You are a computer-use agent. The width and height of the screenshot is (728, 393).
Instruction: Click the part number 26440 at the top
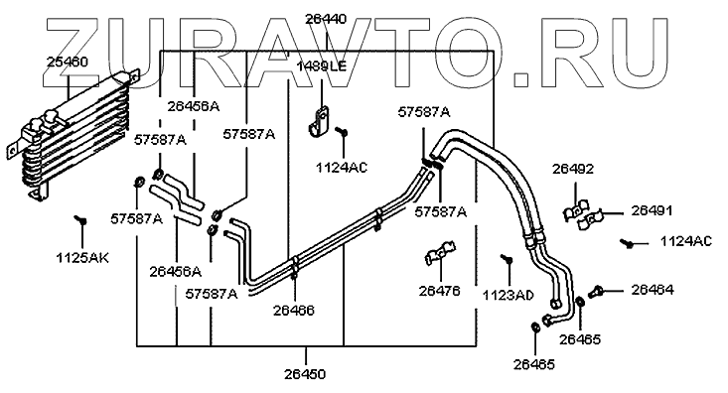[x=326, y=20]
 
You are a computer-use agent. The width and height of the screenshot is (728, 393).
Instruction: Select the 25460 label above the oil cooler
[x=68, y=62]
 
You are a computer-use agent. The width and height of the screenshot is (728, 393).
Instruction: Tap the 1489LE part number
[x=322, y=66]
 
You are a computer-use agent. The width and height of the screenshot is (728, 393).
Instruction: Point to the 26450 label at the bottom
[x=305, y=374]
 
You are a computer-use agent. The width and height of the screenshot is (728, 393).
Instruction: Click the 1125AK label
[x=82, y=258]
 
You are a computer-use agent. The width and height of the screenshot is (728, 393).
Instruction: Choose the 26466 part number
[x=293, y=310]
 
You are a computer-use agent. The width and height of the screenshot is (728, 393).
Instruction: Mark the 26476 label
[x=439, y=291]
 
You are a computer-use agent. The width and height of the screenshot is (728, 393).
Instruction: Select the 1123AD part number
[x=509, y=295]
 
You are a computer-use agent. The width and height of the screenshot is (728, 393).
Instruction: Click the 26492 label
[x=573, y=169]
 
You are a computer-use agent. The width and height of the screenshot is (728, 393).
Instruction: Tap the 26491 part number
[x=652, y=210]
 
